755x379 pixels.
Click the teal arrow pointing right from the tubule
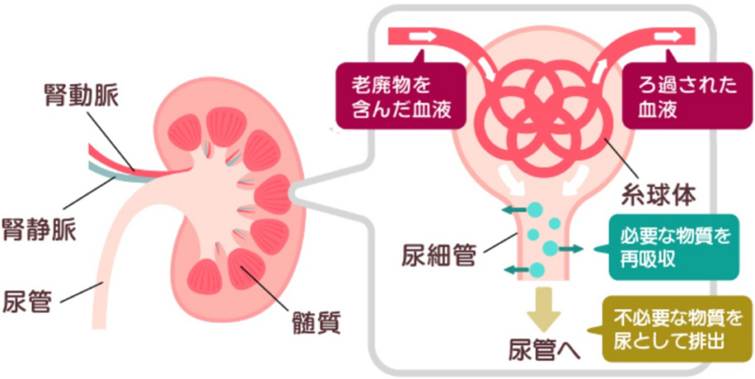pos(569,248)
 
